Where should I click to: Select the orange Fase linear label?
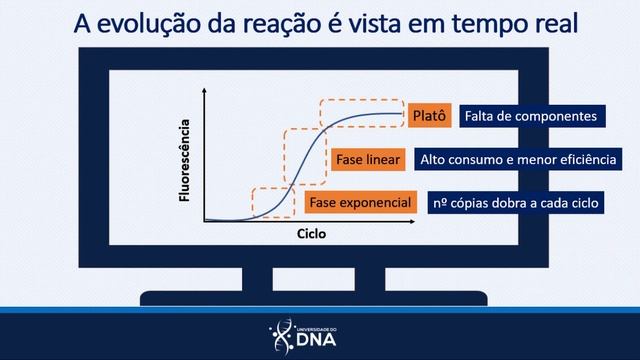(x=368, y=160)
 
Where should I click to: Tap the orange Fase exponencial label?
(x=360, y=203)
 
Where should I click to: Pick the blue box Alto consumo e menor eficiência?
(x=517, y=160)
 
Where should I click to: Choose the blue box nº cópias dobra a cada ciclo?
(x=516, y=203)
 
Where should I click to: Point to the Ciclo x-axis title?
(x=311, y=235)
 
